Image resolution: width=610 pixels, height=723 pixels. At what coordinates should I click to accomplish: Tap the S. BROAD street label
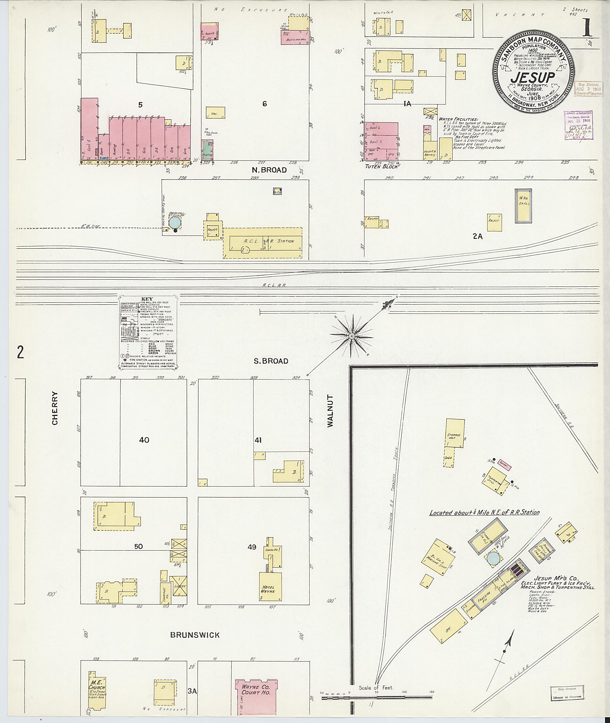point(271,361)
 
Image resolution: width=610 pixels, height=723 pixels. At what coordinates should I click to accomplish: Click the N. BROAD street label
point(269,170)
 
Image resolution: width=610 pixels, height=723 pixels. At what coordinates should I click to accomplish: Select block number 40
point(144,440)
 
